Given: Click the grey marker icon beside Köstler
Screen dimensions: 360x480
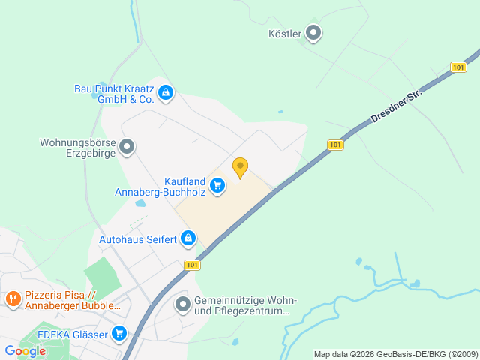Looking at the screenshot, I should [x=314, y=34].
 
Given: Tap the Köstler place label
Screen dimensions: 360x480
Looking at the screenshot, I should [x=285, y=34].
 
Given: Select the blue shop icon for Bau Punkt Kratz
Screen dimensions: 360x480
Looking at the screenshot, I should [x=166, y=93].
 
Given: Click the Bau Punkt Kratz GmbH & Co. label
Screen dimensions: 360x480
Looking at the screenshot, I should [x=114, y=93].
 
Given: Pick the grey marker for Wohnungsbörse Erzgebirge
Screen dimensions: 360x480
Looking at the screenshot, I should [x=127, y=147].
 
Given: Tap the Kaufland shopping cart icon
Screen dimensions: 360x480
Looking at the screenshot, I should [x=217, y=185].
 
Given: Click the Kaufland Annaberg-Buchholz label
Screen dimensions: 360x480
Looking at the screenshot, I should [x=159, y=186].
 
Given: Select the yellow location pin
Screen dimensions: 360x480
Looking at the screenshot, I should [x=240, y=167].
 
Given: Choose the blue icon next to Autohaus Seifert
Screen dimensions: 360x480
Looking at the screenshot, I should [x=188, y=239].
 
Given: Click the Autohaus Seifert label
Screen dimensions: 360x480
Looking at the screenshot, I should [x=138, y=239].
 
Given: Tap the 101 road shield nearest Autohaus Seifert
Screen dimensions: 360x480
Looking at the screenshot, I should [x=192, y=265].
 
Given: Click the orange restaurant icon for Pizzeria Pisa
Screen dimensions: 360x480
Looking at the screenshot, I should [x=13, y=300].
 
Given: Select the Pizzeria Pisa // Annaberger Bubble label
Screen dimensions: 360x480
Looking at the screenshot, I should [x=72, y=300].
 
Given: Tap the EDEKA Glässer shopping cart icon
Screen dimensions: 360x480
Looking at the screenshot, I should [x=119, y=332].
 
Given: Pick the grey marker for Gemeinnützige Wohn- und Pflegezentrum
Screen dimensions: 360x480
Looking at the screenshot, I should [x=182, y=304].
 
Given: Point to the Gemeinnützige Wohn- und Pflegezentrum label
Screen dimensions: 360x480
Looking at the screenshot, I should [x=244, y=305].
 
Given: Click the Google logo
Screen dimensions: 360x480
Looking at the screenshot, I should [x=25, y=350].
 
